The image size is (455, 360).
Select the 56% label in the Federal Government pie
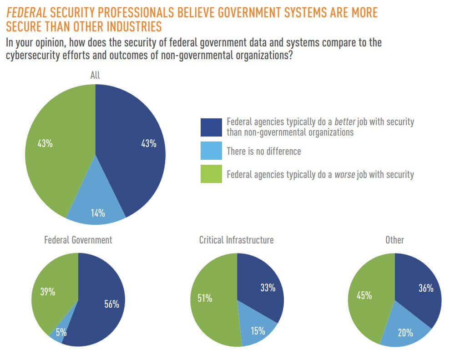tap(111, 304)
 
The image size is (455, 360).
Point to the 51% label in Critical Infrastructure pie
tap(205, 298)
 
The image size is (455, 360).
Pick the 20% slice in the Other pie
tap(405, 333)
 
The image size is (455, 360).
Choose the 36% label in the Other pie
tap(426, 288)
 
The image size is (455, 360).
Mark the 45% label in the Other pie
tap(364, 295)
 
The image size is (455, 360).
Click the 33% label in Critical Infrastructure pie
tap(268, 288)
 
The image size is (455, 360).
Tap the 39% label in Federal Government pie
tap(47, 292)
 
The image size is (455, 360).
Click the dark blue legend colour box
tap(211, 127)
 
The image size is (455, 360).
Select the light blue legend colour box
tap(211, 151)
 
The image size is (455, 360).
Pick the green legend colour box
tap(211, 174)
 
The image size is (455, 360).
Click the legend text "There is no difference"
tap(264, 151)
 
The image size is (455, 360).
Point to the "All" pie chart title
tap(95, 75)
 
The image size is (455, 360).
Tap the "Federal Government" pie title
tap(78, 240)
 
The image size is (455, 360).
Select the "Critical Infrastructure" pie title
tap(237, 240)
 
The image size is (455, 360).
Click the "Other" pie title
tap(394, 240)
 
